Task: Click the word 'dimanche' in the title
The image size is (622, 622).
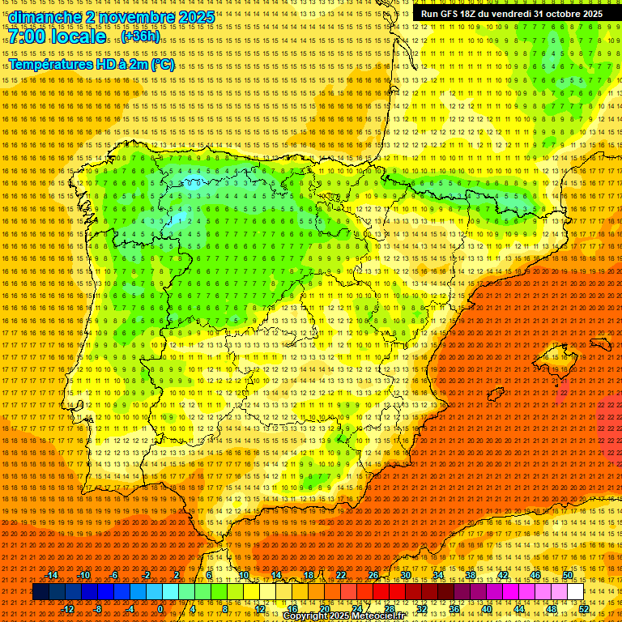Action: point(44,17)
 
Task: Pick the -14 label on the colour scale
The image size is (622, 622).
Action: point(52,575)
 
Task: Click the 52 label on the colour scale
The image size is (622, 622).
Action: point(584,608)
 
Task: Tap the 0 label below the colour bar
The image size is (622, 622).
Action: point(160,608)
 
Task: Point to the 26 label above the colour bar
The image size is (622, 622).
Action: point(373,575)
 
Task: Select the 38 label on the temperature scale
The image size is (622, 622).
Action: point(471,575)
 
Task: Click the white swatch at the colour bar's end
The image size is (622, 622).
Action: point(576,592)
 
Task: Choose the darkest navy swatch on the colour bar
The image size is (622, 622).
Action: point(40,592)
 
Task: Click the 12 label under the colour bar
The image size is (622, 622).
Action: point(260,608)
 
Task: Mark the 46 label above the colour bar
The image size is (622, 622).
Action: point(535,575)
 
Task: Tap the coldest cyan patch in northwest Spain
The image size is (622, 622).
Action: point(177,219)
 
